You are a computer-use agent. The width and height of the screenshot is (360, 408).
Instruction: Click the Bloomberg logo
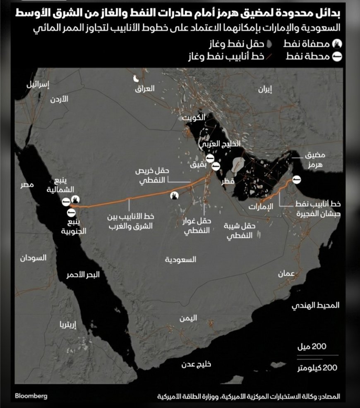coord(31,396)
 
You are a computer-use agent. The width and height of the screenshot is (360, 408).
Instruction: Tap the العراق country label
coord(145,88)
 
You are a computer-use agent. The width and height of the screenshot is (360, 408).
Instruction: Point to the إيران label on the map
coord(265,90)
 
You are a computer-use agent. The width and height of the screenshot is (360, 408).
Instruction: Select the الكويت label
coord(194,117)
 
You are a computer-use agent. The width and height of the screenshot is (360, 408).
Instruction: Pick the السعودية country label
coord(180,260)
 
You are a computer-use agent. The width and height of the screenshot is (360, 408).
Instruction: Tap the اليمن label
coord(188,318)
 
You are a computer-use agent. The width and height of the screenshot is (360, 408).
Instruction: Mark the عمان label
coord(286,274)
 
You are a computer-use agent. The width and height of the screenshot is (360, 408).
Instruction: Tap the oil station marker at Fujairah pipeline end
coord(296,179)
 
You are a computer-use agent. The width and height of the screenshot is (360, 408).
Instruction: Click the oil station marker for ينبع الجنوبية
coord(71,212)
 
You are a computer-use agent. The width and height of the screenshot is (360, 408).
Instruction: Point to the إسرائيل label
coord(38,85)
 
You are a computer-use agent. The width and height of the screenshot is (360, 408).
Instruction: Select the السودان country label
coord(33,258)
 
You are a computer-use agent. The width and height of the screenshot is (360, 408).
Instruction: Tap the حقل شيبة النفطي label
coord(240,230)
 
